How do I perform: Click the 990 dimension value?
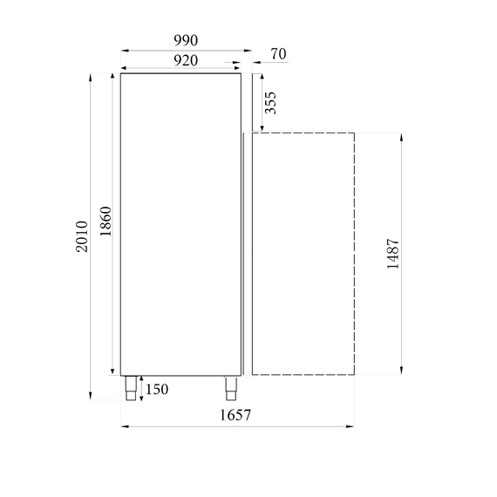click(x=186, y=41)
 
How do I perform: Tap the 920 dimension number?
click(x=186, y=60)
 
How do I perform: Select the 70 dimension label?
click(x=278, y=54)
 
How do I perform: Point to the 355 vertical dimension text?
click(x=270, y=103)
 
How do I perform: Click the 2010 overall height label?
click(x=81, y=236)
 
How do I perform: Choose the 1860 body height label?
click(x=106, y=221)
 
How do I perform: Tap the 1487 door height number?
click(x=393, y=254)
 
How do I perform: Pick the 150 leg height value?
click(x=157, y=389)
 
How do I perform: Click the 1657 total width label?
click(x=235, y=415)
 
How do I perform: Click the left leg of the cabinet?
click(x=131, y=388)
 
